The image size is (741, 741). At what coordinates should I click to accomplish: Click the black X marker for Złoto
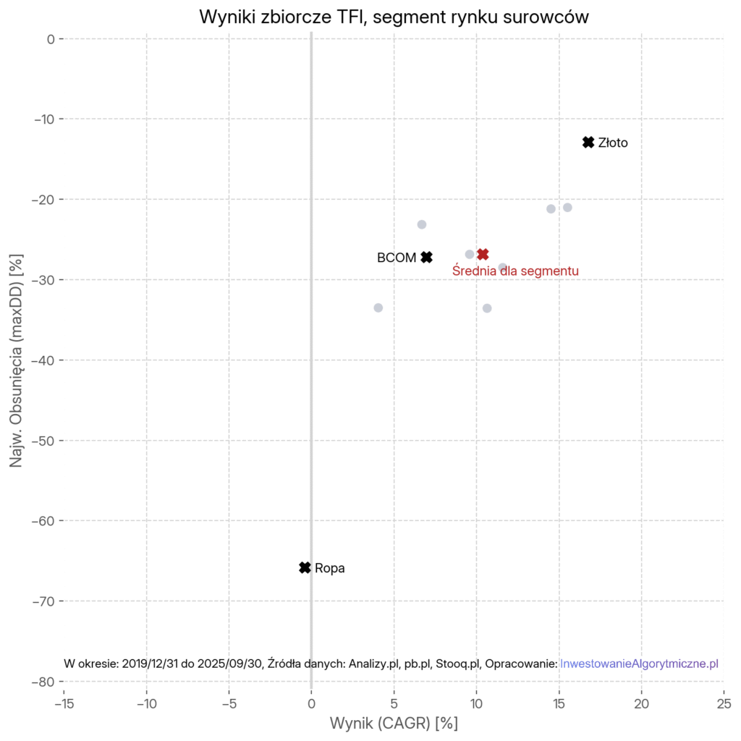click(588, 143)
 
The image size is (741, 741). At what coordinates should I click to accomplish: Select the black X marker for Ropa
click(305, 568)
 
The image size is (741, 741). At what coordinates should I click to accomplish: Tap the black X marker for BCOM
click(427, 257)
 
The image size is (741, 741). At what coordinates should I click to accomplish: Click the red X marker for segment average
click(483, 254)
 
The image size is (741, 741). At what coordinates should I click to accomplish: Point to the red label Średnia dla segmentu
click(515, 271)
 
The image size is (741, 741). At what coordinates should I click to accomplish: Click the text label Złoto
click(613, 143)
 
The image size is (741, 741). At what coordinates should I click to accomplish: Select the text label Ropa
click(330, 569)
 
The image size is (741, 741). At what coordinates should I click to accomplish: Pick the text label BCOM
click(397, 258)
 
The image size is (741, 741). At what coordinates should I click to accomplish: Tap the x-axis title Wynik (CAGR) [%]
click(394, 723)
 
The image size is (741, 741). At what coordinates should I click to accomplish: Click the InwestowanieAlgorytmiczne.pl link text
click(639, 664)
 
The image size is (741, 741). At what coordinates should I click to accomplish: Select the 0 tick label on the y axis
click(51, 38)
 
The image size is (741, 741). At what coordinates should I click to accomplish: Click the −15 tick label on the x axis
click(63, 703)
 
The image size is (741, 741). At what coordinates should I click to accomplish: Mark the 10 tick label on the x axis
click(476, 703)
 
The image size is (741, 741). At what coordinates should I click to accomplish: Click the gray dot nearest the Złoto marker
click(567, 208)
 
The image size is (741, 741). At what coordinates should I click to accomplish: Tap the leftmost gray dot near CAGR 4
click(378, 308)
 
